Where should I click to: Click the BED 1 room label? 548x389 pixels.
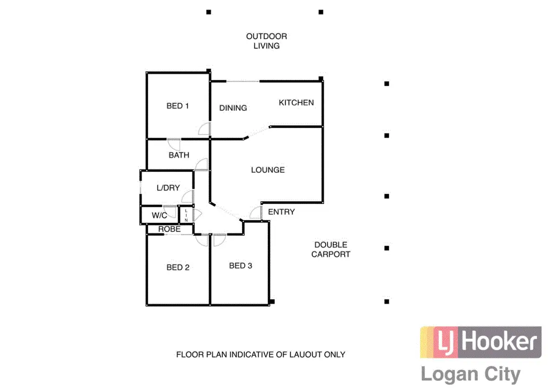[177, 106]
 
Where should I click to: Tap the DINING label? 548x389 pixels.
[233, 108]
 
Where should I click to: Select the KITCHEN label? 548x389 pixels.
[296, 103]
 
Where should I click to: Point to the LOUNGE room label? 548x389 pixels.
[268, 170]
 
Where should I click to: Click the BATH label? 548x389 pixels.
[179, 155]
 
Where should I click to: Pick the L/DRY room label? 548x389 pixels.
[168, 187]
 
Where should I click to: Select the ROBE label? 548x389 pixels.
[169, 229]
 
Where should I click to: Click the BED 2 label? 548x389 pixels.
[177, 268]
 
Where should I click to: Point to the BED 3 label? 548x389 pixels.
[240, 266]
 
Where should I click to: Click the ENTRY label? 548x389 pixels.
[281, 212]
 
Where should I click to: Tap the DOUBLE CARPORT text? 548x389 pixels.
[331, 249]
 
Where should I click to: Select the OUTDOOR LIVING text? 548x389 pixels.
[266, 41]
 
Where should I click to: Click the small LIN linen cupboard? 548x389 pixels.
[186, 215]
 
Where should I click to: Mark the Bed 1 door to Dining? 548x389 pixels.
[204, 129]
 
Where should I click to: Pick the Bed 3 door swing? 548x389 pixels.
[219, 240]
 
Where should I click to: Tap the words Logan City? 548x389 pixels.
[470, 375]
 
